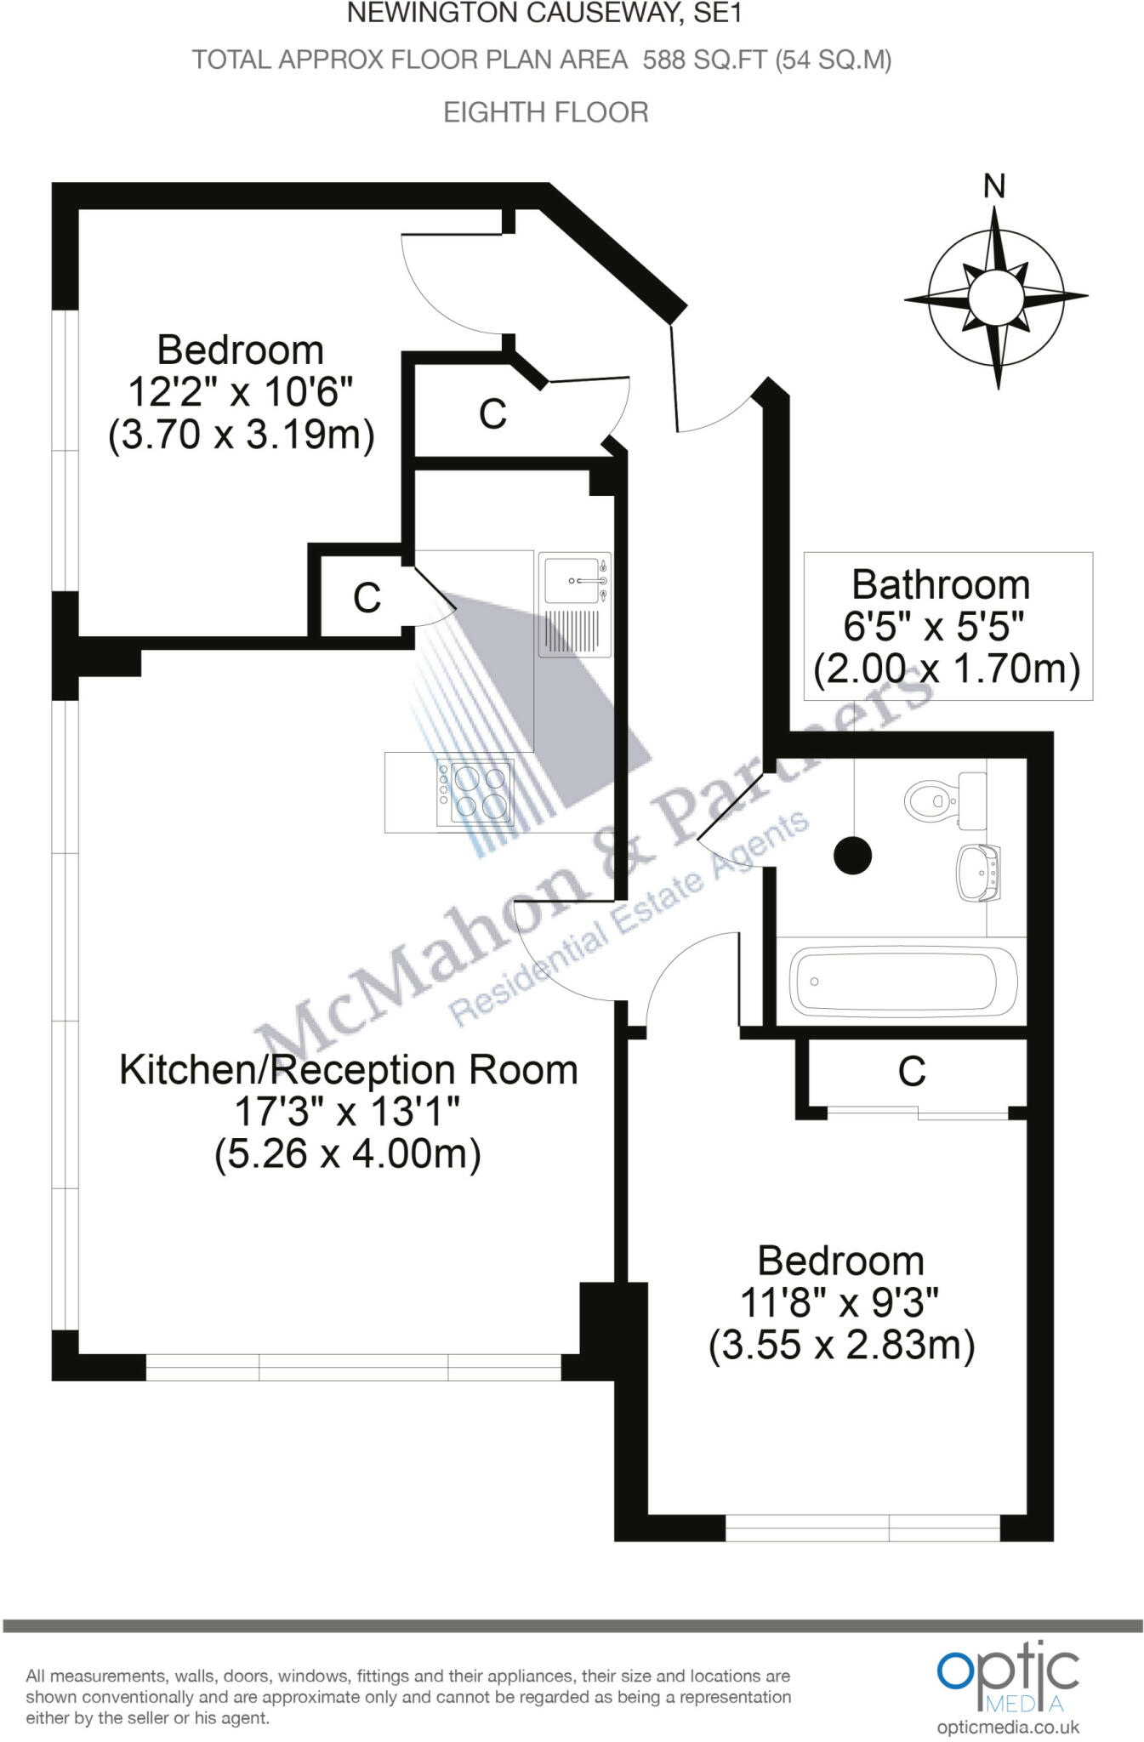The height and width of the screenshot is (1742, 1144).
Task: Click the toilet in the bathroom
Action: point(932,800)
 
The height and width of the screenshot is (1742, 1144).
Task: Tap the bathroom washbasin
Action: point(979,872)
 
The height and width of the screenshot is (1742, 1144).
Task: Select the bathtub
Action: point(903,981)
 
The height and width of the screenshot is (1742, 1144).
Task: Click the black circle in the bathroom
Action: point(853,855)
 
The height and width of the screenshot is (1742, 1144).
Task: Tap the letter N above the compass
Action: point(993,186)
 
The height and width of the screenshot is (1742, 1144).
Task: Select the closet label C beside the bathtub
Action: point(911,1072)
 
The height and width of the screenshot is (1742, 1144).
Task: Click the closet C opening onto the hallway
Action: point(492,414)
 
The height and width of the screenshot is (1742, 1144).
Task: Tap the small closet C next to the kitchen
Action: point(367,598)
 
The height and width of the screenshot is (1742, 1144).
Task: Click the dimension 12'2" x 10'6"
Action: point(240,393)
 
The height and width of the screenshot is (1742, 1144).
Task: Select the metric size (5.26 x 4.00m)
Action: point(348,1154)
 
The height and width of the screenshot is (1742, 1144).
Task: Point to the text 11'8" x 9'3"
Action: point(840,1302)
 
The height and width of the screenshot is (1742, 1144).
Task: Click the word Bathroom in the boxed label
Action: point(941,585)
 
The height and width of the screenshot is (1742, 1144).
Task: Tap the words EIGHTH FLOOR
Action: point(546,112)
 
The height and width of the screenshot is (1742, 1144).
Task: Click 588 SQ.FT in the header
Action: point(704,60)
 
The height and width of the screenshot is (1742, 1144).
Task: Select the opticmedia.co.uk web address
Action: point(1007,1727)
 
